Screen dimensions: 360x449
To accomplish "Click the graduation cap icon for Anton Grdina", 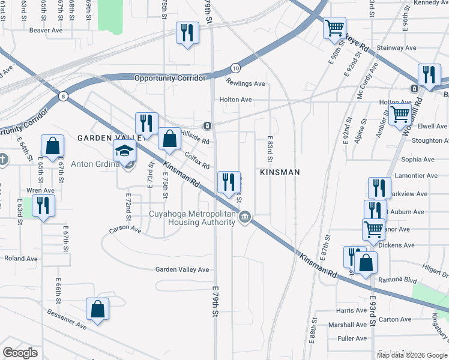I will point(124,150).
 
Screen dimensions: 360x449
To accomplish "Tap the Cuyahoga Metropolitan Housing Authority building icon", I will point(245,217).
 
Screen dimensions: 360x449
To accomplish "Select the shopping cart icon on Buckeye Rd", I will point(334,28).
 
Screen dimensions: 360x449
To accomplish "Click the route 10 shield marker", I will point(235,68).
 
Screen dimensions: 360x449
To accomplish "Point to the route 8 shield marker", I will point(63,96).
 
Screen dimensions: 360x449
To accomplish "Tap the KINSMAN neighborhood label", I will point(279,172).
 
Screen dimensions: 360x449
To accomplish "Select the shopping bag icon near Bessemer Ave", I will point(97,310).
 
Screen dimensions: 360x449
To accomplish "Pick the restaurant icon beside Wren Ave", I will point(43,205).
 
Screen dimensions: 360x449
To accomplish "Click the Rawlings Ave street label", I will point(246,84).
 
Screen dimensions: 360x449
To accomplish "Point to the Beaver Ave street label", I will point(46,30).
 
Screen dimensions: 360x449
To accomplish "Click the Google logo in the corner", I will point(20,353).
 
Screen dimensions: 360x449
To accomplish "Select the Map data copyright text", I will point(411,355).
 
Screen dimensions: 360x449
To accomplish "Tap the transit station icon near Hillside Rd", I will point(206,126).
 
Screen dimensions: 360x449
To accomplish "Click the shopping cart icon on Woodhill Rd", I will point(400,113).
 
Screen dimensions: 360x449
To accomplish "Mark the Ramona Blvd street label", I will point(401,280).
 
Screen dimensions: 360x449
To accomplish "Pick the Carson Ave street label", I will point(125,229).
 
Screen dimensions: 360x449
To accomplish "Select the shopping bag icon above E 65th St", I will point(53,145).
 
